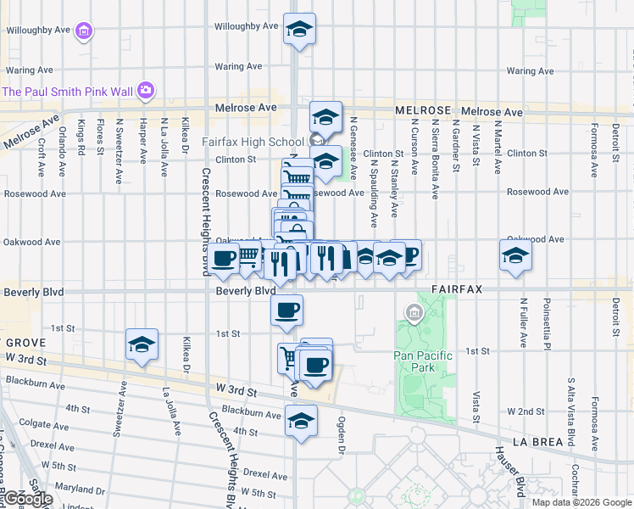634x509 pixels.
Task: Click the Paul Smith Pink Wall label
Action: coord(70,92)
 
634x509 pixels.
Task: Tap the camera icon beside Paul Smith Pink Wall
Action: coord(146,89)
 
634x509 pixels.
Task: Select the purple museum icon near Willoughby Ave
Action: coord(83,32)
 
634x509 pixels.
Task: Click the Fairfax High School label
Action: coord(253,142)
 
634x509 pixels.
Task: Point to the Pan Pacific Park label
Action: coord(423,361)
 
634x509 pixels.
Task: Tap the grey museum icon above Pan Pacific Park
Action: coord(414,314)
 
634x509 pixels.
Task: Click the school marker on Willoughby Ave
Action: coord(299,29)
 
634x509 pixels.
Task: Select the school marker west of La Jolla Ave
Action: coord(142,344)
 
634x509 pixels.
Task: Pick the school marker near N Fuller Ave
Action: coord(515,255)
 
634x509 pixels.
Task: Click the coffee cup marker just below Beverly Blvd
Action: coord(286,310)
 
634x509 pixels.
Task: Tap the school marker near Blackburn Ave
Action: coord(301,420)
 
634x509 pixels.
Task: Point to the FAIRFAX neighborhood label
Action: coord(456,289)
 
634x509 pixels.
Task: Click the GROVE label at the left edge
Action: coord(19,343)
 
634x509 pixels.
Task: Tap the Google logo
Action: coord(27,499)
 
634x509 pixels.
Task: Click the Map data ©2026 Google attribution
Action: coord(581,502)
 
